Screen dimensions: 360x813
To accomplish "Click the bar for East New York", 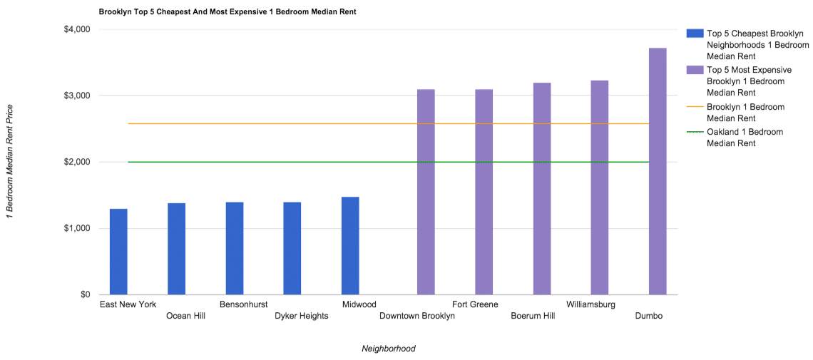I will [118, 252].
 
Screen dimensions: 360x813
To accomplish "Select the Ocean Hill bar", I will [176, 249].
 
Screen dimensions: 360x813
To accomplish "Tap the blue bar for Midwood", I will [350, 246].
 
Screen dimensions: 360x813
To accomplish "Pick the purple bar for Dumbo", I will [658, 171].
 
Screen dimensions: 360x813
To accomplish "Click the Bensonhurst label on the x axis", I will [244, 304].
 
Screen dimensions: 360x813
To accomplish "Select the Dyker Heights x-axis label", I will [302, 316].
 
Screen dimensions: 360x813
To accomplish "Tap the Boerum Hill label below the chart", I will [534, 316].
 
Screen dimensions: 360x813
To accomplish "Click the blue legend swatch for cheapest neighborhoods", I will [694, 33].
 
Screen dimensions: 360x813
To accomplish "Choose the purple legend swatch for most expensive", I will [694, 70].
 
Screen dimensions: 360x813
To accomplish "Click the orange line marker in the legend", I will [694, 107].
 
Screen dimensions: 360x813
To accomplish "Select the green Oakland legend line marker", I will [694, 132].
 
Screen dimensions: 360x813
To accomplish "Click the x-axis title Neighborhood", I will [388, 349].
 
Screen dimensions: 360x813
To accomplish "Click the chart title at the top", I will [227, 12].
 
